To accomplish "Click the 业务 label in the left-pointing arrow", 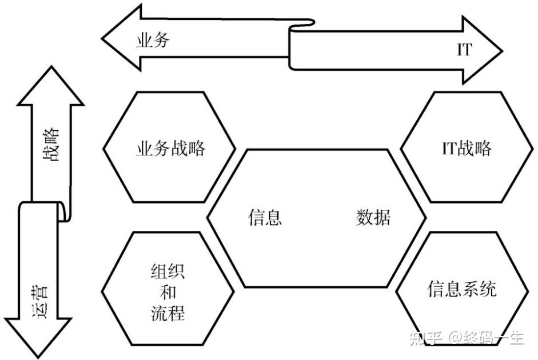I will pyautogui.click(x=153, y=41).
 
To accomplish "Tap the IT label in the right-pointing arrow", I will pyautogui.click(x=464, y=50).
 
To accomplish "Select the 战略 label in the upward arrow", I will pyautogui.click(x=51, y=145).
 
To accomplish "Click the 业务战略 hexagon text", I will pyautogui.click(x=170, y=149).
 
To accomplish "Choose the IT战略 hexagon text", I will pyautogui.click(x=463, y=149).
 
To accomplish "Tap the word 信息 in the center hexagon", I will pyautogui.click(x=265, y=218).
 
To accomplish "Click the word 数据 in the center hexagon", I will pyautogui.click(x=374, y=218).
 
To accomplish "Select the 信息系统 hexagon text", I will pyautogui.click(x=462, y=289).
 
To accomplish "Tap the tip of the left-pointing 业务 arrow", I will pyautogui.click(x=103, y=38).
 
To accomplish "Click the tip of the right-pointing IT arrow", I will pyautogui.click(x=501, y=50).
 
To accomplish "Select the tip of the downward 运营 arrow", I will pyautogui.click(x=37, y=355).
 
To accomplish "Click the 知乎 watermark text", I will pyautogui.click(x=424, y=338).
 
